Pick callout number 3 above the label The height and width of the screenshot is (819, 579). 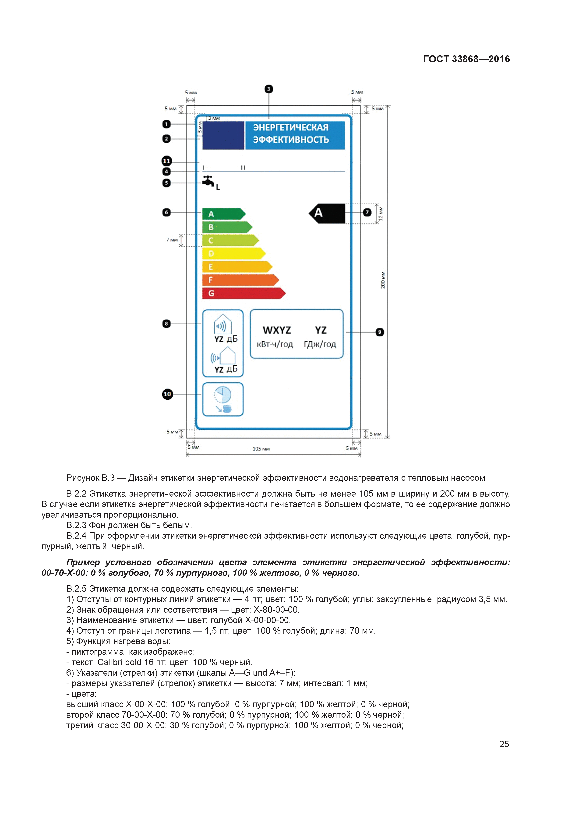tap(269, 89)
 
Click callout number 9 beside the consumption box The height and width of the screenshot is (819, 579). tap(380, 332)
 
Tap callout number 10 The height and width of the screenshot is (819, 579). tap(167, 394)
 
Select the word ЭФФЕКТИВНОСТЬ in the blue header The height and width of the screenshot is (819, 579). tap(291, 139)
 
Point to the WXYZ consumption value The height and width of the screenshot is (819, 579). tap(277, 330)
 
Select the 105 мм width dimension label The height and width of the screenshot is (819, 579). tap(261, 449)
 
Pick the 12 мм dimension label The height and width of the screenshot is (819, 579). tap(381, 213)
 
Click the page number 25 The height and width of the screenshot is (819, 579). tap(504, 744)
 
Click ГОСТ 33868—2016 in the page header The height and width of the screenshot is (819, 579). tap(466, 59)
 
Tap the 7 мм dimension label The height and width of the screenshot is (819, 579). tap(172, 240)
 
